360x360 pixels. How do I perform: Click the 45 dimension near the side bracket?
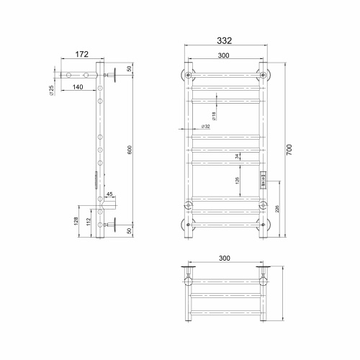[x=110, y=194]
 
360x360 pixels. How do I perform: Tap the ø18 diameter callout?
[x=215, y=114]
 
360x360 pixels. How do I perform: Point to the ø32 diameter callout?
[x=206, y=127]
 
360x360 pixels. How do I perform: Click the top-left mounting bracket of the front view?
[x=188, y=75]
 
